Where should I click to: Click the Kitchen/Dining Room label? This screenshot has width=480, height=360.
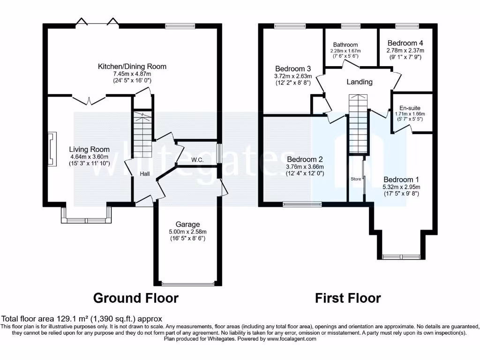click(x=132, y=67)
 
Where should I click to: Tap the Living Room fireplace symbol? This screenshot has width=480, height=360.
click(x=51, y=150)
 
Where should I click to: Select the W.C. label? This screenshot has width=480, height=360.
click(x=197, y=160)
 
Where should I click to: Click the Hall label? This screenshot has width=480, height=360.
click(x=144, y=173)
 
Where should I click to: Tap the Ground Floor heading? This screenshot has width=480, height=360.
click(x=135, y=298)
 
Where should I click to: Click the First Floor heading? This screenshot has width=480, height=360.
click(x=348, y=298)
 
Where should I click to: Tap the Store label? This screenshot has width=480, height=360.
click(x=356, y=179)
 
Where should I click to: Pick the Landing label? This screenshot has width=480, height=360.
click(x=360, y=82)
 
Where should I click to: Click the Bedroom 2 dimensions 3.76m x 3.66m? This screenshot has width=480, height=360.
click(x=305, y=166)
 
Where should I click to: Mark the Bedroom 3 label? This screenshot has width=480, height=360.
click(x=292, y=68)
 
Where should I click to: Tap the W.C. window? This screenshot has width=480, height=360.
click(x=218, y=153)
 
